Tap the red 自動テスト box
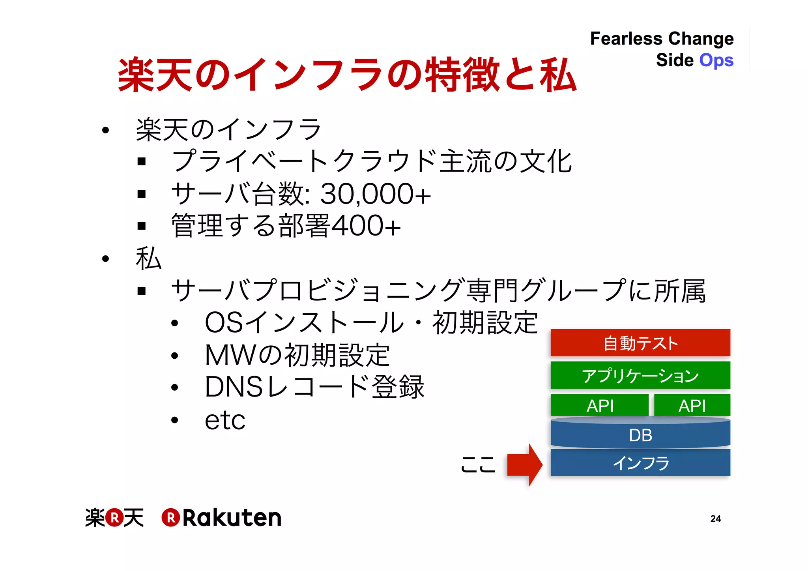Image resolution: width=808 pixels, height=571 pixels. click(640, 343)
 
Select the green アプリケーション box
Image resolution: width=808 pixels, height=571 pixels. click(640, 375)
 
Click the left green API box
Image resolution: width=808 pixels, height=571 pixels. click(600, 405)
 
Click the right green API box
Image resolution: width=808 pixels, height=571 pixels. click(692, 405)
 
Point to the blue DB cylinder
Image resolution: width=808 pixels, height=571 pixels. click(640, 434)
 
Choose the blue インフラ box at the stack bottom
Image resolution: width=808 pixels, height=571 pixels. click(640, 462)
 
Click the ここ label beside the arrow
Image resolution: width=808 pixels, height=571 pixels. click(478, 464)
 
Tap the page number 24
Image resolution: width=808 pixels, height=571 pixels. click(715, 519)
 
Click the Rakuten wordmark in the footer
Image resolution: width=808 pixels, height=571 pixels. click(232, 518)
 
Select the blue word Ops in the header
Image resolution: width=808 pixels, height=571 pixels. click(716, 61)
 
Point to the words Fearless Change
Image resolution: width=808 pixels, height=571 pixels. click(662, 39)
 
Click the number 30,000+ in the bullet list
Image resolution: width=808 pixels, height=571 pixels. click(375, 194)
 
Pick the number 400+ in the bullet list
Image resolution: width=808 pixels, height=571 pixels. click(366, 226)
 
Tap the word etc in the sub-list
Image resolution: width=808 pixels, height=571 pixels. click(225, 420)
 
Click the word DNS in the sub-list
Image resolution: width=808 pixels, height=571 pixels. click(234, 387)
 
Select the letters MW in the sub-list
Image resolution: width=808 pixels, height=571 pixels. click(230, 355)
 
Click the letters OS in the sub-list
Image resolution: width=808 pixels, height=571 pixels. click(224, 322)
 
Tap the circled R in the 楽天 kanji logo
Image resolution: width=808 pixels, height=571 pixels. click(114, 518)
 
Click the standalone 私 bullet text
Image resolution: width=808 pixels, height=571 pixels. click(149, 258)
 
